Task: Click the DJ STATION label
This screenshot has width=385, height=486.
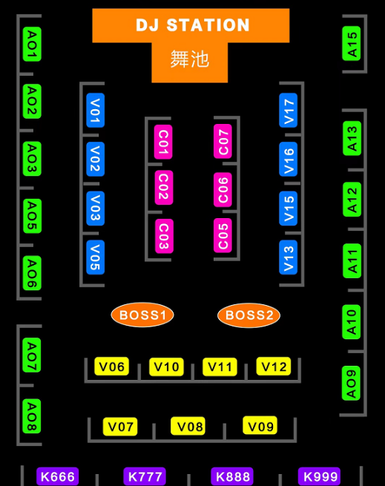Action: (x=193, y=25)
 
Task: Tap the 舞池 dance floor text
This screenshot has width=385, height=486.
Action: (x=189, y=59)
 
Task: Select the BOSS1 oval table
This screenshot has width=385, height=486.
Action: (x=142, y=315)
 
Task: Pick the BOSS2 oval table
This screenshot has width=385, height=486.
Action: (x=249, y=315)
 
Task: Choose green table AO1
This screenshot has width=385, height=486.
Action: (x=32, y=44)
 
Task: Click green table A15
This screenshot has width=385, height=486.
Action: (x=352, y=44)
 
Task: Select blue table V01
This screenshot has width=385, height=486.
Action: (x=96, y=110)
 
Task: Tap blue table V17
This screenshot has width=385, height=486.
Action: (x=289, y=110)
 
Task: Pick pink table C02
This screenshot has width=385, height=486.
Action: (x=164, y=188)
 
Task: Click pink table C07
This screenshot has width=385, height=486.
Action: (x=223, y=141)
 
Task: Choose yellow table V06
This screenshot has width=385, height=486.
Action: (x=111, y=367)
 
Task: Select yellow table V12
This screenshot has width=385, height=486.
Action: (x=274, y=367)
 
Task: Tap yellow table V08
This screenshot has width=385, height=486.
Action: (x=188, y=426)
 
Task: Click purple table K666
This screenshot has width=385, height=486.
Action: (x=58, y=476)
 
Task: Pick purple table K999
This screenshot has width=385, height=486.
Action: (x=320, y=476)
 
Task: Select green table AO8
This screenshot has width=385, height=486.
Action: (x=32, y=416)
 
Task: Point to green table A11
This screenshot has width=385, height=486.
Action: (x=352, y=260)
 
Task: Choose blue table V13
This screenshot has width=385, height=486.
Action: (x=289, y=257)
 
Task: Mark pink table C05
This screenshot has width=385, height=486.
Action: (x=223, y=235)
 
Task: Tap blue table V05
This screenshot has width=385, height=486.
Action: (x=96, y=257)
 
